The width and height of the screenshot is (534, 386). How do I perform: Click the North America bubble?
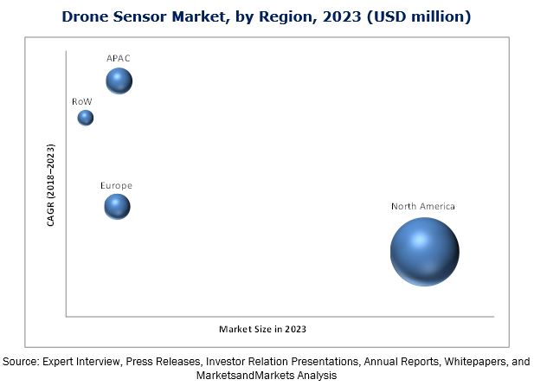click(424, 251)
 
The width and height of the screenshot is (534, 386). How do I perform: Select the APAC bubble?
click(119, 81)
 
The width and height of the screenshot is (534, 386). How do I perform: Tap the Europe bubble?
click(117, 206)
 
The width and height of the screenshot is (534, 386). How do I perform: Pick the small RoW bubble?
click(85, 118)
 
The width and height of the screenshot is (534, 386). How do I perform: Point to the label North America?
click(422, 206)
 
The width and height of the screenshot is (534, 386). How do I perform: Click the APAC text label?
click(118, 58)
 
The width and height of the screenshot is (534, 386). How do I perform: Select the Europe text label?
click(116, 185)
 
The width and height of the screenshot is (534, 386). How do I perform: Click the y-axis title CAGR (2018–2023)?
click(51, 184)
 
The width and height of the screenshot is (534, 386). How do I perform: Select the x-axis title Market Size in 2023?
click(261, 329)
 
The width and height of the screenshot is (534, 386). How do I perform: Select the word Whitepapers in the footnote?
click(467, 360)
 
